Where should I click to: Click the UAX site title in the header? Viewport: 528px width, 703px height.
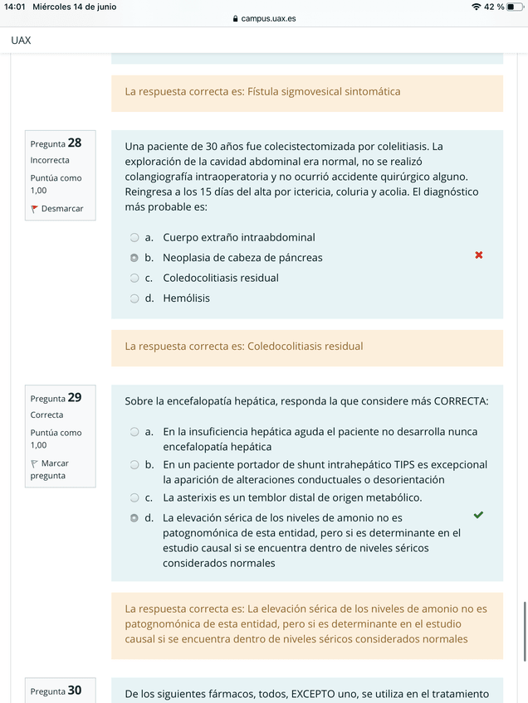[x=22, y=40]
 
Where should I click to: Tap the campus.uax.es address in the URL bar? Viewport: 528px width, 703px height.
[x=267, y=18]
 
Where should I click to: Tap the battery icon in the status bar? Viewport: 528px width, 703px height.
[x=514, y=7]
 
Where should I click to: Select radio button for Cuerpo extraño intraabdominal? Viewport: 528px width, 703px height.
[x=134, y=238]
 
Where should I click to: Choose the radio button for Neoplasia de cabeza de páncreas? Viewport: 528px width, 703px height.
[x=134, y=258]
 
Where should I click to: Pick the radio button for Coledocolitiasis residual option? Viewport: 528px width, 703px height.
[x=134, y=279]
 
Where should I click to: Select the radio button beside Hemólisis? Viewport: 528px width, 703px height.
[x=134, y=298]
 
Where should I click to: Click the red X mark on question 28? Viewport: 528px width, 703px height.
[x=479, y=255]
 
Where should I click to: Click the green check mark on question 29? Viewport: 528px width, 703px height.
[x=478, y=515]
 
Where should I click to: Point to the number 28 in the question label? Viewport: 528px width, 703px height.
[x=75, y=143]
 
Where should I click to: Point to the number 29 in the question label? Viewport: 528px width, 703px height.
[x=75, y=397]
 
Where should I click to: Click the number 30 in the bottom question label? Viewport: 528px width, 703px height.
[x=75, y=690]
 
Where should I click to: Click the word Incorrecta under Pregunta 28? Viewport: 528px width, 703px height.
[x=50, y=160]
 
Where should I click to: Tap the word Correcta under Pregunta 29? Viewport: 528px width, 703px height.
[x=46, y=415]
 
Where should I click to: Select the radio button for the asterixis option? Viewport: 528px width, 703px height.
[x=134, y=498]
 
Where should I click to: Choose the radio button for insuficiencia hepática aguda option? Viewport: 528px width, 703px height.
[x=134, y=432]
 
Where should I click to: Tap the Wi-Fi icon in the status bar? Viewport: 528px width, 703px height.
[x=476, y=7]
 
